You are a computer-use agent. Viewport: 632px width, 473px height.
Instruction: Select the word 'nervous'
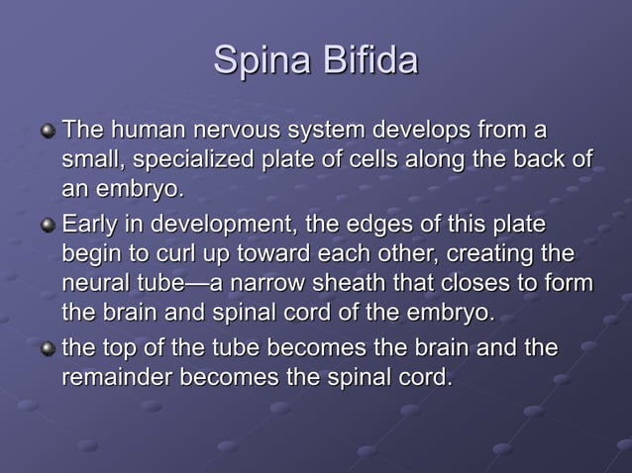tap(237, 130)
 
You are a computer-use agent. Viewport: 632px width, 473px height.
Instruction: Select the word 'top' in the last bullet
tap(120, 348)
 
